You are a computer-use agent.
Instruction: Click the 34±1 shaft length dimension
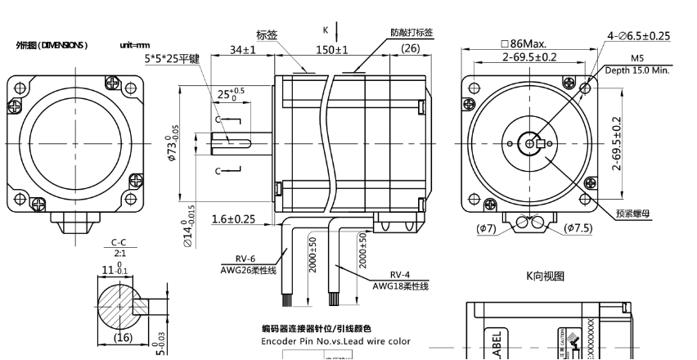[243, 50]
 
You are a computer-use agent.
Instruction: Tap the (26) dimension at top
[411, 49]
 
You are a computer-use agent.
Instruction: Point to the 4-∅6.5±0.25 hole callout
[638, 36]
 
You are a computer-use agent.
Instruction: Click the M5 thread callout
[637, 59]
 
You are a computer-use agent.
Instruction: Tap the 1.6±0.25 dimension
[232, 219]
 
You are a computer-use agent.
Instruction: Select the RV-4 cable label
[401, 275]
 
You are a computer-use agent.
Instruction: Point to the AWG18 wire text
[400, 286]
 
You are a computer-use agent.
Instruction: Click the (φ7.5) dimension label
[579, 228]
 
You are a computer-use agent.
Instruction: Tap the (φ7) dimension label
[486, 228]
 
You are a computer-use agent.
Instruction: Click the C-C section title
[119, 243]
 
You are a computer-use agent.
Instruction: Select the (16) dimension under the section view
[122, 337]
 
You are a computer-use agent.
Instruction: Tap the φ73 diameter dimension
[173, 145]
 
